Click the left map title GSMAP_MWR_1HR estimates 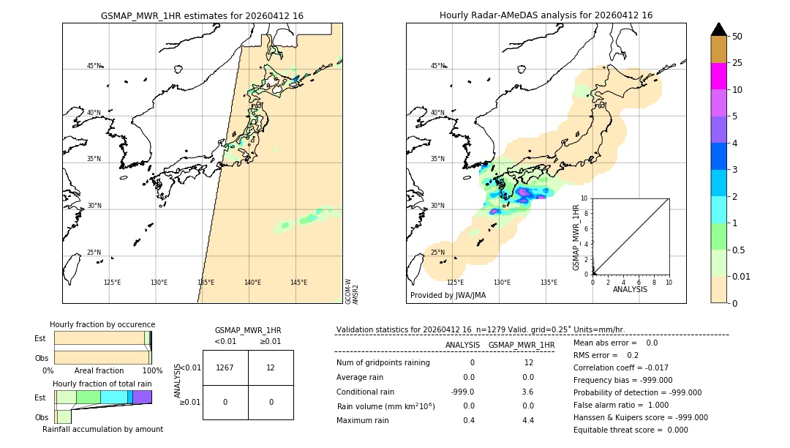coord(202,15)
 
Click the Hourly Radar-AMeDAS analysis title coord(546,15)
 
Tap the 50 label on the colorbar coord(737,37)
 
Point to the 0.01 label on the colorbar coord(742,277)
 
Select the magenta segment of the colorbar coord(718,76)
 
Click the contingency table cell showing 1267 coord(225,367)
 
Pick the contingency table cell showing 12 coord(271,367)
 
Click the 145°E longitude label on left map coord(298,283)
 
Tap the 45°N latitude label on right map coord(437,67)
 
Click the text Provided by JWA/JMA coord(448,296)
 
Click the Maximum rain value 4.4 coord(527,420)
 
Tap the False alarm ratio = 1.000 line coord(620,405)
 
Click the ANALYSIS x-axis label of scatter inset coord(630,289)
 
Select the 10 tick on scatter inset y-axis coord(584,198)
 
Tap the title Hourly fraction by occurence coord(102,325)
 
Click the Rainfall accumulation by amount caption coord(102,430)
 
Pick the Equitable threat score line coord(631,430)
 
